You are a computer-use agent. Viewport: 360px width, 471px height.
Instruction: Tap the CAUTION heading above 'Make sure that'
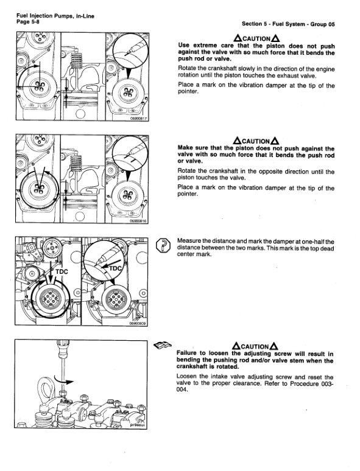coord(256,141)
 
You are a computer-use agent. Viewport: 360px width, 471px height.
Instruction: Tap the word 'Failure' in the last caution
coord(190,353)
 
